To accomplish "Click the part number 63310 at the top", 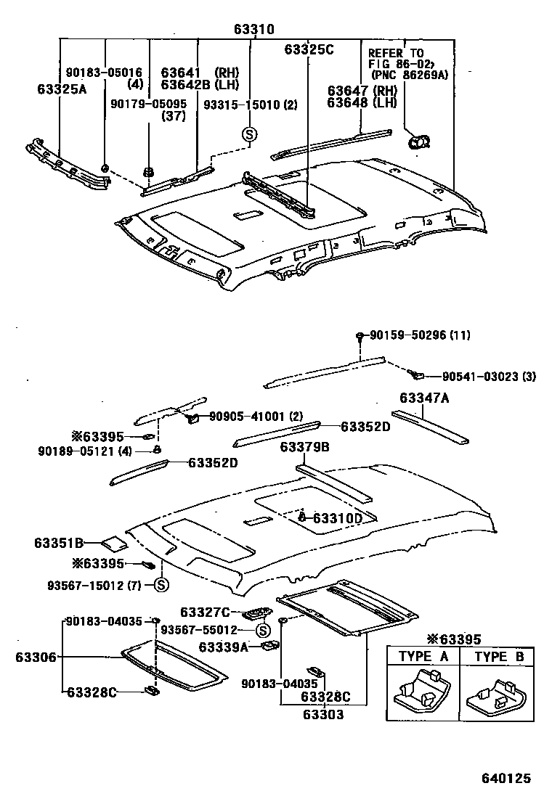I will pyautogui.click(x=254, y=30).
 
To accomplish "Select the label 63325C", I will pyautogui.click(x=309, y=49).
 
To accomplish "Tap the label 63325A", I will pyautogui.click(x=62, y=89).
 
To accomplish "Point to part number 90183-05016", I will pyautogui.click(x=103, y=73).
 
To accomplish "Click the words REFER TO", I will pyautogui.click(x=396, y=53).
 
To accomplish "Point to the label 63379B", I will pyautogui.click(x=305, y=448).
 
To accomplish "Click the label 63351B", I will pyautogui.click(x=59, y=542).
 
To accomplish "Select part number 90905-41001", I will pyautogui.click(x=245, y=417).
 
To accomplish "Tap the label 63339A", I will pyautogui.click(x=224, y=646).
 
